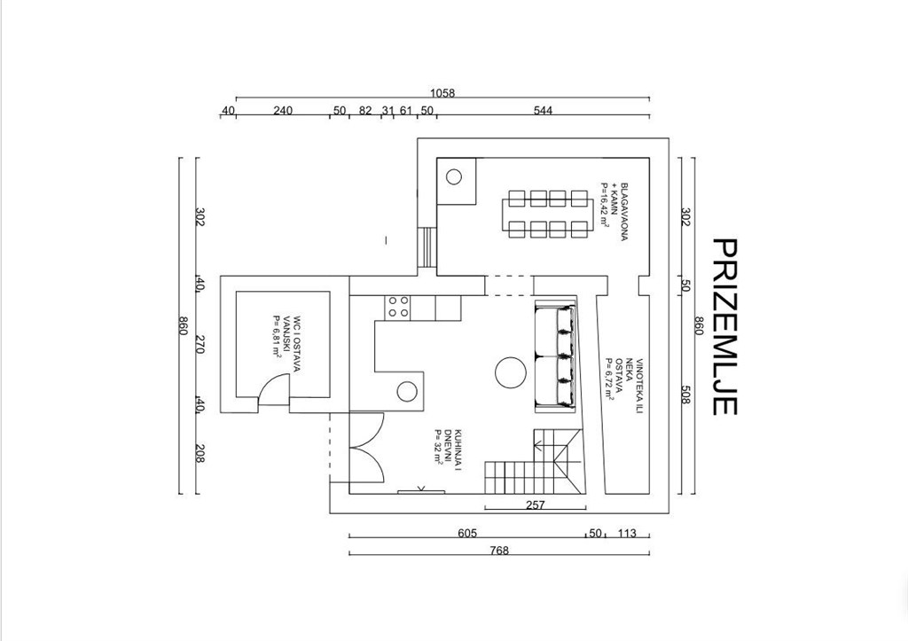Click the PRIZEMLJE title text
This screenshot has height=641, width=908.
click(x=724, y=326)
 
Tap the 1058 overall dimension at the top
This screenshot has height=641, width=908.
click(x=442, y=92)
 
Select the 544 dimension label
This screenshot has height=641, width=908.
click(x=543, y=110)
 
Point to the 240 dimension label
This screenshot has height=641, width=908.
click(x=283, y=110)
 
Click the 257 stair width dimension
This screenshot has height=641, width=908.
click(x=536, y=505)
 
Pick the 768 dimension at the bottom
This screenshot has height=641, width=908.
click(x=498, y=550)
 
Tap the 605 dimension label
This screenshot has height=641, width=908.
click(x=467, y=533)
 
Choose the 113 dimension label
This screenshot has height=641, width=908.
click(x=627, y=533)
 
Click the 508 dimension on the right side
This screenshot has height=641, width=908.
click(x=685, y=395)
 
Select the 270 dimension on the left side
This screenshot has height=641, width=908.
click(x=200, y=345)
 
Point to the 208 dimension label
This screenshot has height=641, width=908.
click(x=200, y=453)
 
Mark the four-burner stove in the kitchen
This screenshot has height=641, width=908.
click(x=398, y=307)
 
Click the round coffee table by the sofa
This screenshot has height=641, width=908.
click(x=511, y=372)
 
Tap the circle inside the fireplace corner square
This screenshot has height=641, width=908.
click(x=454, y=176)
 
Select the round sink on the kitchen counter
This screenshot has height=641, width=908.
click(x=407, y=392)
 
